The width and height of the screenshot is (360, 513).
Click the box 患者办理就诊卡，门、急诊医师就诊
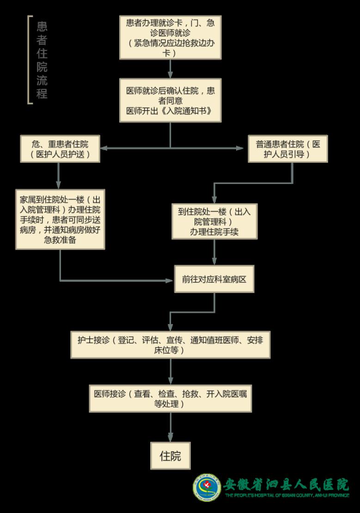click(x=170, y=38)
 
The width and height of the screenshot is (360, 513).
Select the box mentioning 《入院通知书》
click(x=170, y=101)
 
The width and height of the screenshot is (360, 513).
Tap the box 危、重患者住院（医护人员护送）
click(x=60, y=149)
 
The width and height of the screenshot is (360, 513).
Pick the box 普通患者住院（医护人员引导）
click(x=288, y=149)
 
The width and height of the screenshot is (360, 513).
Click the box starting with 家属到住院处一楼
click(x=60, y=219)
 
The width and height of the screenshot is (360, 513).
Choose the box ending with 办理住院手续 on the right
click(x=214, y=222)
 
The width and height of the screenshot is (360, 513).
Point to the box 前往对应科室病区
click(x=214, y=279)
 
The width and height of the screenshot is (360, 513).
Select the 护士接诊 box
click(x=171, y=345)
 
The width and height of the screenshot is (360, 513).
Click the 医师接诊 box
click(x=171, y=398)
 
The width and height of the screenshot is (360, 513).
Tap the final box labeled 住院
click(x=170, y=456)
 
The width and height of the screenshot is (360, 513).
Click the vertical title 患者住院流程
click(x=42, y=60)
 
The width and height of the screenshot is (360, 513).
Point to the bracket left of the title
click(x=30, y=60)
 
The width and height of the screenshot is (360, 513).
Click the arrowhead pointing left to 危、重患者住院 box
click(x=104, y=148)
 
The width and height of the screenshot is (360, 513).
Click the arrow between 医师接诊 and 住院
click(x=171, y=427)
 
